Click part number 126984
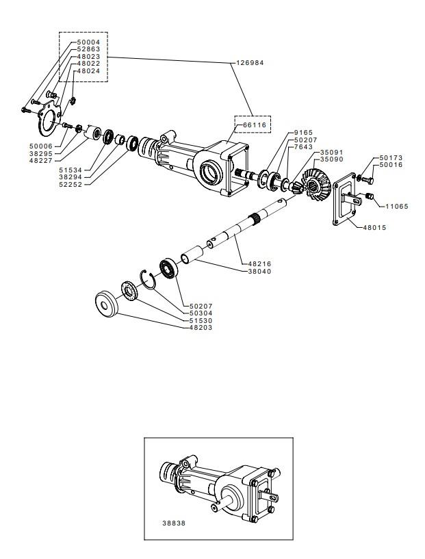coord(250,63)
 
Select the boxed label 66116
coord(255,125)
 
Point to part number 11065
coord(397,206)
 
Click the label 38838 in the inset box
coord(174,523)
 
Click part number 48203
coord(201,327)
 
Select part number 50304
coord(201,313)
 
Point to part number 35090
coord(331,159)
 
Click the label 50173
coord(391,158)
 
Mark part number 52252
coord(70,184)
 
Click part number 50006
coord(41,146)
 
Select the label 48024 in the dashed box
coord(89,70)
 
